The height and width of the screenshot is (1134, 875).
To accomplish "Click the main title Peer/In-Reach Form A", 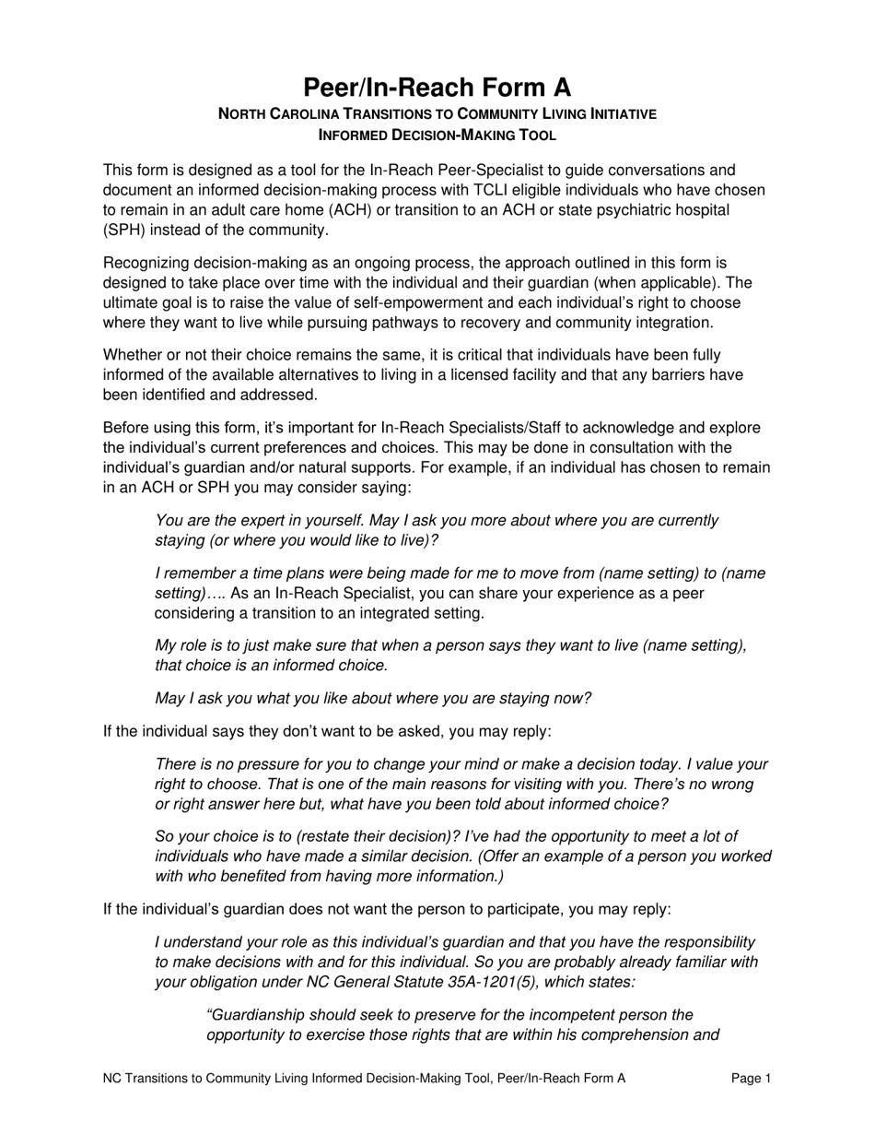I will [x=437, y=87].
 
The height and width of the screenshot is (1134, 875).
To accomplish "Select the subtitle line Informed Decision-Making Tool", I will [x=437, y=135].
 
